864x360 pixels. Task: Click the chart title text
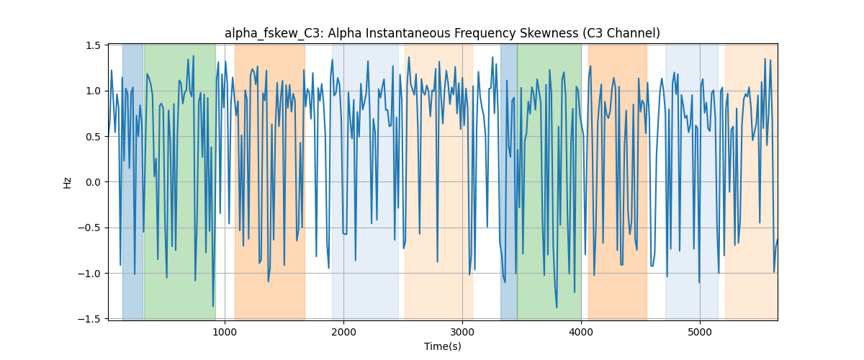[x=442, y=34]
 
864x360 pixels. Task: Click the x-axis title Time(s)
[x=442, y=346]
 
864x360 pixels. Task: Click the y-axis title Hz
[x=68, y=182]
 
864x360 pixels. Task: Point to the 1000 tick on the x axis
[x=225, y=332]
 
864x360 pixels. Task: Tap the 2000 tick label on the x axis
[x=343, y=332]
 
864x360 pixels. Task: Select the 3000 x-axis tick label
[x=462, y=332]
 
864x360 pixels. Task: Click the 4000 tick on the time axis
[x=581, y=332]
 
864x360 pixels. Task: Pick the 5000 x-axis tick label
[x=700, y=332]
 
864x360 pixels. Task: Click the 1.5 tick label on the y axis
[x=93, y=45]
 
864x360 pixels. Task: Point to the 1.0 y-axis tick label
[x=93, y=91]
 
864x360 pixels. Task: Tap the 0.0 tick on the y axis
[x=93, y=182]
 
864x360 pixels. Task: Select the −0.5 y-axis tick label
[x=89, y=228]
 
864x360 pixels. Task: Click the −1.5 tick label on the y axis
[x=89, y=319]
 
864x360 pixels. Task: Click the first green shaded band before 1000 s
[x=180, y=182]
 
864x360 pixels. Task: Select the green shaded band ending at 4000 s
[x=549, y=182]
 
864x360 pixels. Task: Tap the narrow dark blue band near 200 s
[x=133, y=182]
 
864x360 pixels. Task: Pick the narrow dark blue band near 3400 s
[x=509, y=182]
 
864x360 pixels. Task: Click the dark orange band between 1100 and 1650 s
[x=270, y=182]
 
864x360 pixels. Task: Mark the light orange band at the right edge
[x=752, y=182]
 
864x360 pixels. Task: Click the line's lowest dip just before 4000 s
[x=557, y=307]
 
